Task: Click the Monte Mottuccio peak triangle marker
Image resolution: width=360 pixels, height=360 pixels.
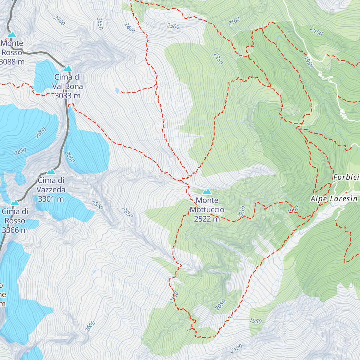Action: point(207,192)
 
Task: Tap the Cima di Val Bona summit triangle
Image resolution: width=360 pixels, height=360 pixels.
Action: point(67,68)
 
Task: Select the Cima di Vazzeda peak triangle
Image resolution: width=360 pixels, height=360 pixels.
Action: point(51,172)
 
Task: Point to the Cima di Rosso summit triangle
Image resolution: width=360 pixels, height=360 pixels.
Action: point(15,203)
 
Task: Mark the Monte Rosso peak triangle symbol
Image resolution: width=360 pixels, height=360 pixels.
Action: point(12,34)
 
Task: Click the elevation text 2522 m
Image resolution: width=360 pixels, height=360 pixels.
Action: point(207,219)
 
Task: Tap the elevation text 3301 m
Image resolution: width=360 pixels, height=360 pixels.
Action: point(51,199)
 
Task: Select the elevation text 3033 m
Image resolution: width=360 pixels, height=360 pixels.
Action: point(67,96)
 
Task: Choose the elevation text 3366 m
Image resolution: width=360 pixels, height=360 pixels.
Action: point(15,230)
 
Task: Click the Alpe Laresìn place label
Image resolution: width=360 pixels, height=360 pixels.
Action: point(334,199)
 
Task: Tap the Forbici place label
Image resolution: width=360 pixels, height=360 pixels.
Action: point(346,177)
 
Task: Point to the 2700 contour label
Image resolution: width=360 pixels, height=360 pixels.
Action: point(59,20)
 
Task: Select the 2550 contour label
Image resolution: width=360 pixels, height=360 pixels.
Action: point(100,24)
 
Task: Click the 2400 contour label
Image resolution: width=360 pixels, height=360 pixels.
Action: point(129,28)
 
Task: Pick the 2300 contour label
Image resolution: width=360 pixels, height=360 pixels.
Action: point(173,26)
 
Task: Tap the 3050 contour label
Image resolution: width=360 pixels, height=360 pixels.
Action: point(69,157)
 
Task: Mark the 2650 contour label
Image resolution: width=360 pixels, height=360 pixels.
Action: point(127,213)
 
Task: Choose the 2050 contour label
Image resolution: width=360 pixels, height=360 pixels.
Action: point(220,305)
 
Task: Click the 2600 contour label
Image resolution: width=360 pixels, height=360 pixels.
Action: point(90,326)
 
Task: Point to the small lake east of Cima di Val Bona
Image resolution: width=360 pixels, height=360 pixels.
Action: point(117,90)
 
